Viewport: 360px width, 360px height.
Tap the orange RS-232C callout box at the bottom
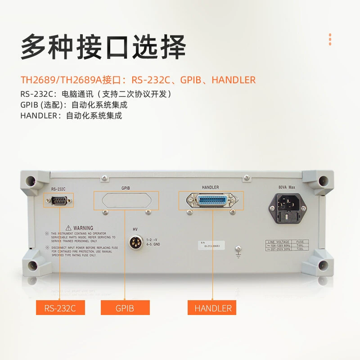(x=60, y=308)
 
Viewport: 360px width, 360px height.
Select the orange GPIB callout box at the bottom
(x=125, y=308)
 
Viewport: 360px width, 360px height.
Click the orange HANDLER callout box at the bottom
(x=212, y=308)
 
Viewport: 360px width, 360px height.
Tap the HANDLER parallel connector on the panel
(x=211, y=200)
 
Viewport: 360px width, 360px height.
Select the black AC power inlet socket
(x=286, y=207)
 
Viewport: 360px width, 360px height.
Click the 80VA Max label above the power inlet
(x=287, y=187)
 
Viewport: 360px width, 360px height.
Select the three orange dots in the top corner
(x=330, y=39)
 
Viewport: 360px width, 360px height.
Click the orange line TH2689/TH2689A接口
(x=138, y=80)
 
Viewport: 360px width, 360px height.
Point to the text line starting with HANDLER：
(x=71, y=115)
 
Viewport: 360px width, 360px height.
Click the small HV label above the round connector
(x=135, y=229)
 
